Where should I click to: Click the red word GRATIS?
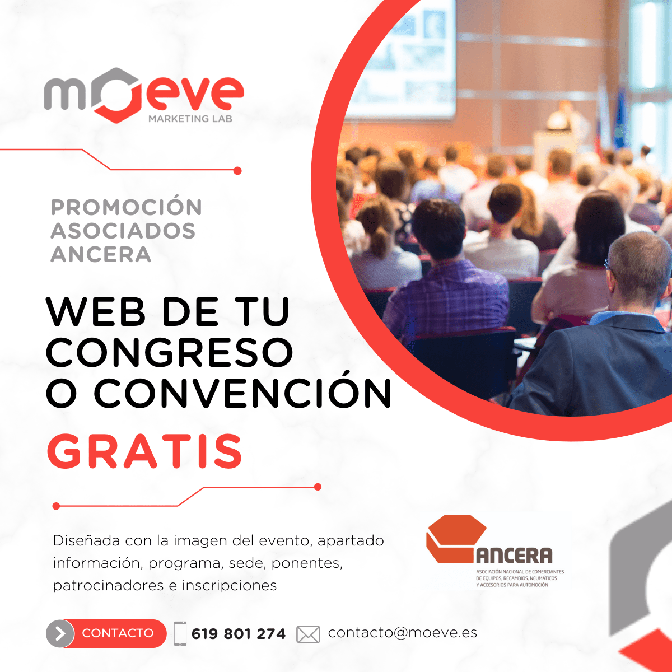(x=144, y=451)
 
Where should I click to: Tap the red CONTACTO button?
(x=106, y=633)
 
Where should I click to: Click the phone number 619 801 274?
(x=239, y=633)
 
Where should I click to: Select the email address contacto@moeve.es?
(x=403, y=632)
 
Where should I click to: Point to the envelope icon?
(x=308, y=634)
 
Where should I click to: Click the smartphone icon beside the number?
(x=180, y=633)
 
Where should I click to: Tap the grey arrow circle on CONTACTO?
(x=60, y=633)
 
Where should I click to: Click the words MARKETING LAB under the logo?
(x=190, y=119)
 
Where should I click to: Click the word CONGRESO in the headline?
(x=170, y=352)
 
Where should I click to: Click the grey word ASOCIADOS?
(x=123, y=231)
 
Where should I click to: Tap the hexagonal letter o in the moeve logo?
(x=117, y=95)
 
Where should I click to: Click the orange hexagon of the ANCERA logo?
(x=455, y=539)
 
